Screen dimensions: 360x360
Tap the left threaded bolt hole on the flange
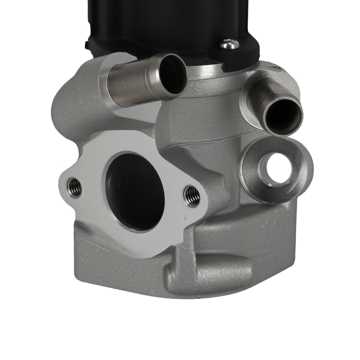(75, 187)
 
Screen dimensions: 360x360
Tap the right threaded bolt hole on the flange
(192, 197)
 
